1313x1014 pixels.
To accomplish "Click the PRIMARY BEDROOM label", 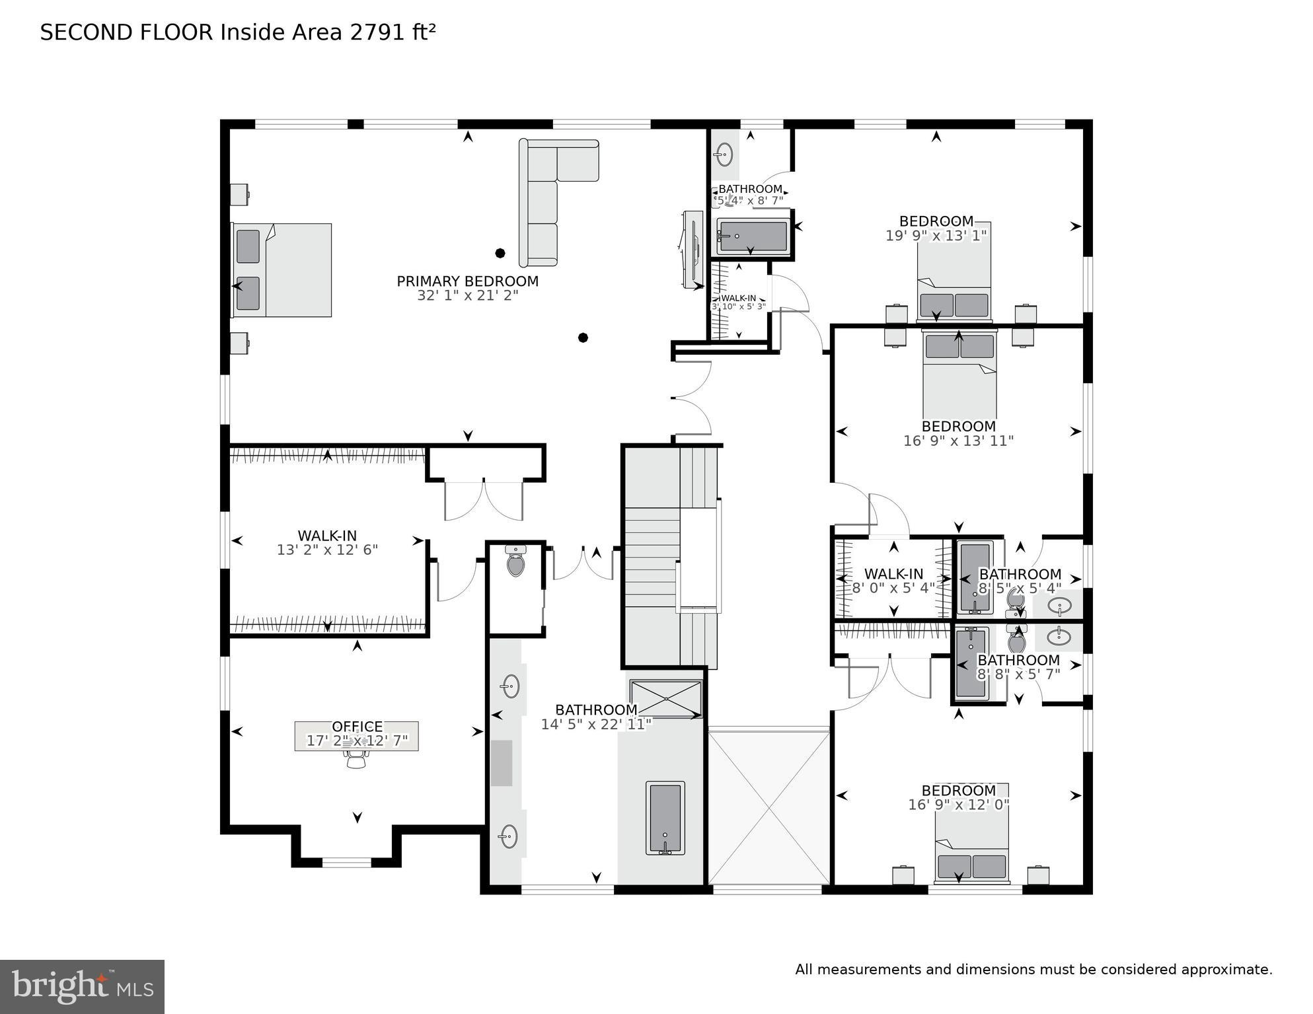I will click(467, 281).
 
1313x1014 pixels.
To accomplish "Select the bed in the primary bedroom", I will click(282, 270).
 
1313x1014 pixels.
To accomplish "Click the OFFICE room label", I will click(357, 727).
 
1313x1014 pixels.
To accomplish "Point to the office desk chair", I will click(356, 760).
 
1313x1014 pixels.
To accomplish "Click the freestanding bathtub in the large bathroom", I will click(665, 818).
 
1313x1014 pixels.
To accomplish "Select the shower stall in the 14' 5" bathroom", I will click(665, 698).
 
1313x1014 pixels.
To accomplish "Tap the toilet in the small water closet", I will click(515, 563).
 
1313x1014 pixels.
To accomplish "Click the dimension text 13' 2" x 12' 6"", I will click(327, 550).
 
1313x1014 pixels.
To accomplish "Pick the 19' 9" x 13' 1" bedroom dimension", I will click(936, 235).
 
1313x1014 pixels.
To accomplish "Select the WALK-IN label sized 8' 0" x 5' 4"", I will click(893, 574).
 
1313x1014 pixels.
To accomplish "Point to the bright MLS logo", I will click(82, 986).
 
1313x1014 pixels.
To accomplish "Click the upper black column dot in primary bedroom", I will click(500, 253).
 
